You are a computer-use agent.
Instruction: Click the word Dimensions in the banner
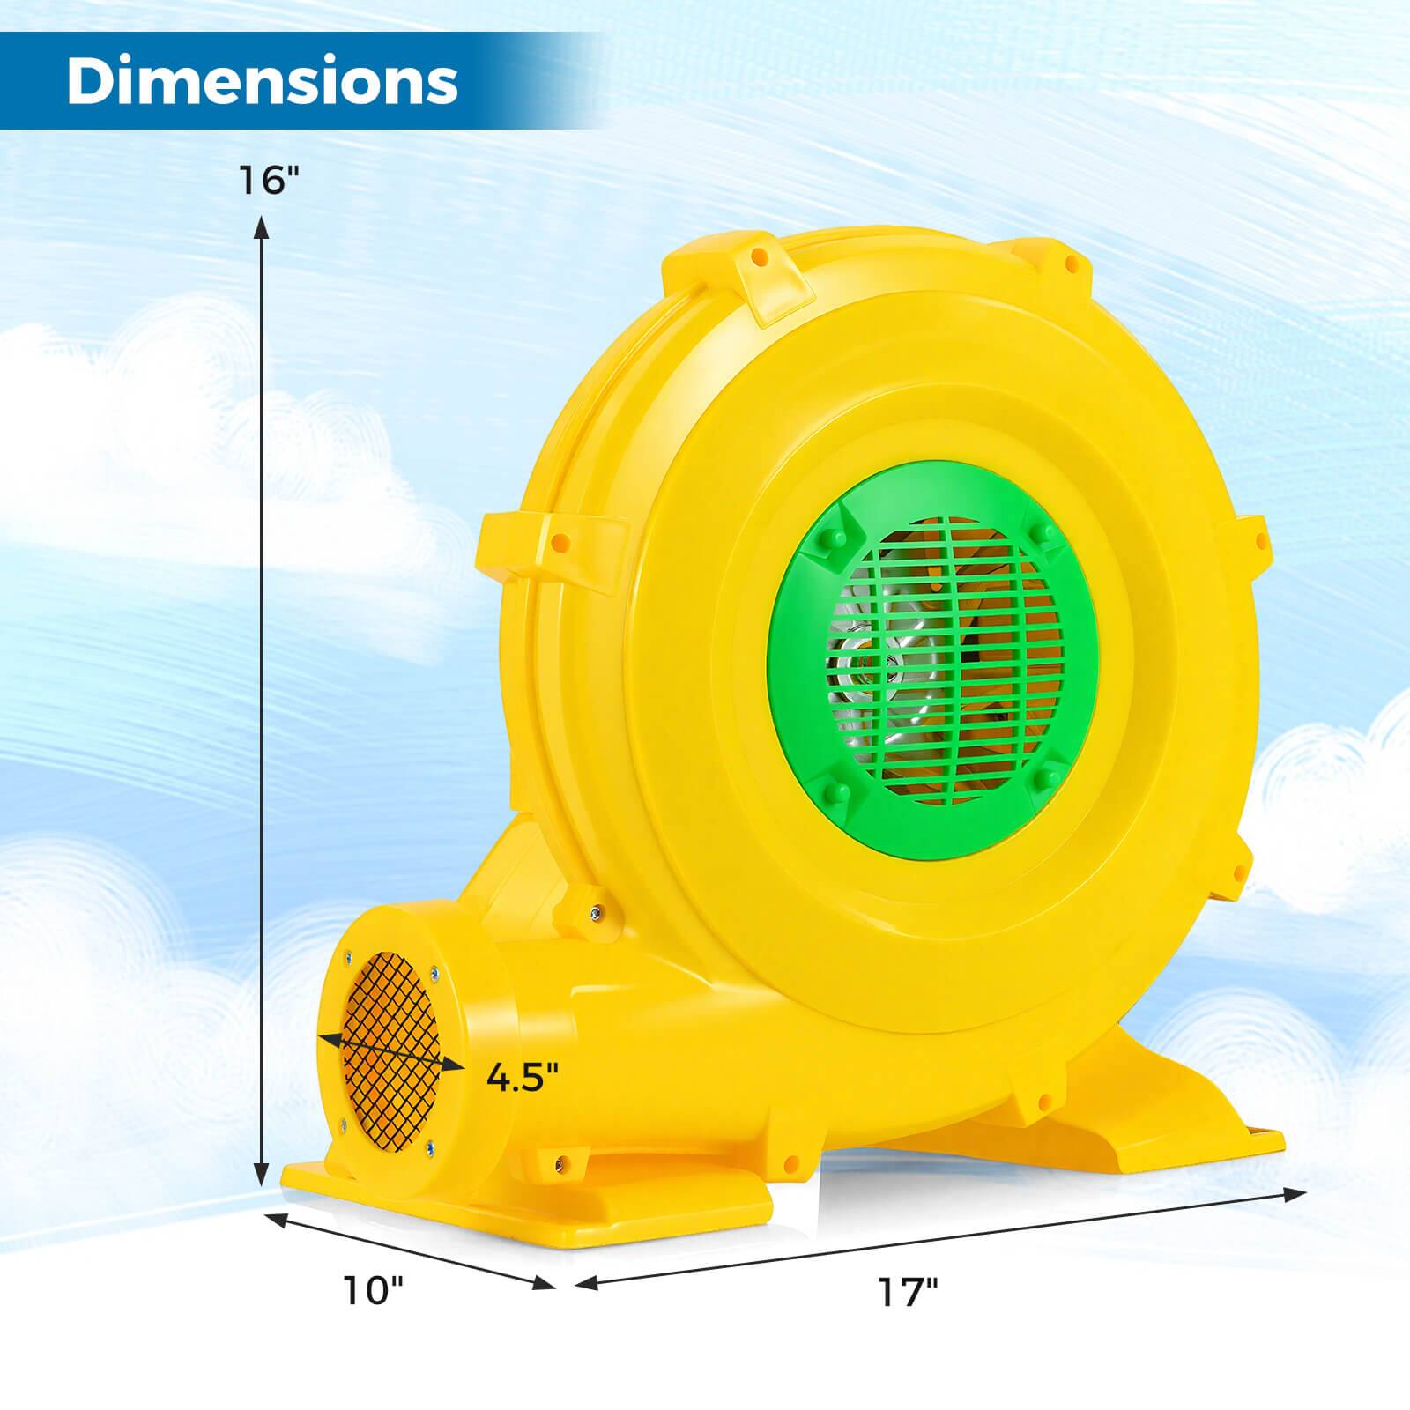(262, 81)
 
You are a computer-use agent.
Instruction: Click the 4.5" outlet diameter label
(523, 1077)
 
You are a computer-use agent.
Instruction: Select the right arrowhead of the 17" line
(1296, 1193)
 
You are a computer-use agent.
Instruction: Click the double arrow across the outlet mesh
(391, 1052)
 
